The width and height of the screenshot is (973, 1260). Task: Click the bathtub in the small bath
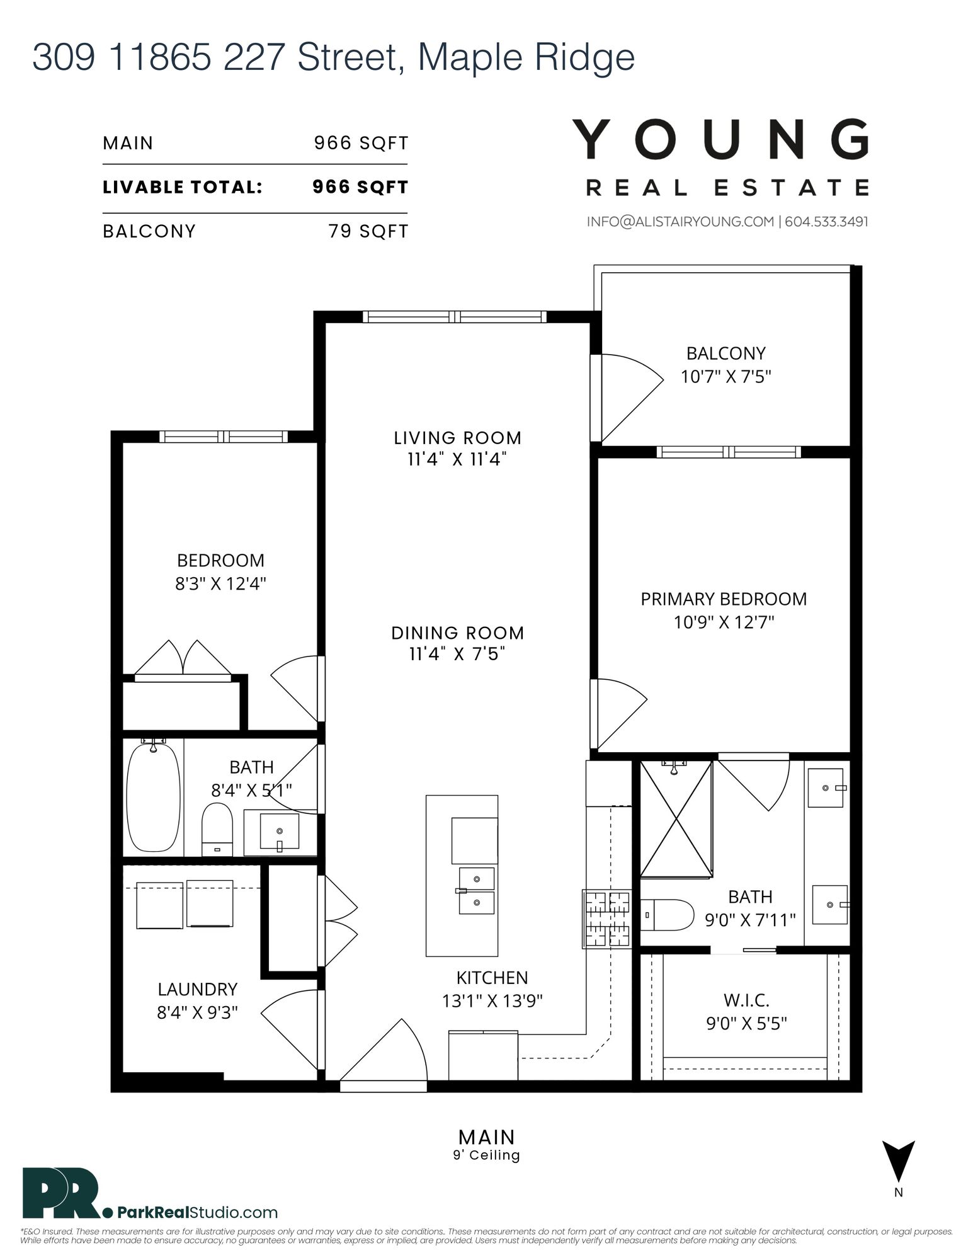(x=154, y=798)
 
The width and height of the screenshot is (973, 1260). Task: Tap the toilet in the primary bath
(x=667, y=915)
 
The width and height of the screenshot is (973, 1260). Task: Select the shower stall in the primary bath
(x=676, y=818)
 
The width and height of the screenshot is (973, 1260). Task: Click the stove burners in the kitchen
(x=606, y=919)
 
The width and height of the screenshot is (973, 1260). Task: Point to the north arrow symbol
(x=898, y=1162)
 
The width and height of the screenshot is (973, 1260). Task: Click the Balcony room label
(x=725, y=353)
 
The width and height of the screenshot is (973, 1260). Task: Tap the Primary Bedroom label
(x=724, y=599)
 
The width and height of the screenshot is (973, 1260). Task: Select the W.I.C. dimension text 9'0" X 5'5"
(x=746, y=1023)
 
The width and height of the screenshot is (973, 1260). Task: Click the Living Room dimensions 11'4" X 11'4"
(x=457, y=459)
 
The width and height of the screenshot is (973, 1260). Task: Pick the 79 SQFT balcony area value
(x=368, y=231)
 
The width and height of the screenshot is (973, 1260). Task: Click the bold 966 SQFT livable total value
(x=361, y=187)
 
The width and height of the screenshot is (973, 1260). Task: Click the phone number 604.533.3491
(x=827, y=222)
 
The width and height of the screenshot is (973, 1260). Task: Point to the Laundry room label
(x=198, y=989)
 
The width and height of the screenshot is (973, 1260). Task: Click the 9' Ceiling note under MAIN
(x=486, y=1155)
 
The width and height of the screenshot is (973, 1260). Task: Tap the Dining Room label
(x=458, y=633)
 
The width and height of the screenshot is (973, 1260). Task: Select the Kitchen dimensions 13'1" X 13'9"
(x=492, y=1000)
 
